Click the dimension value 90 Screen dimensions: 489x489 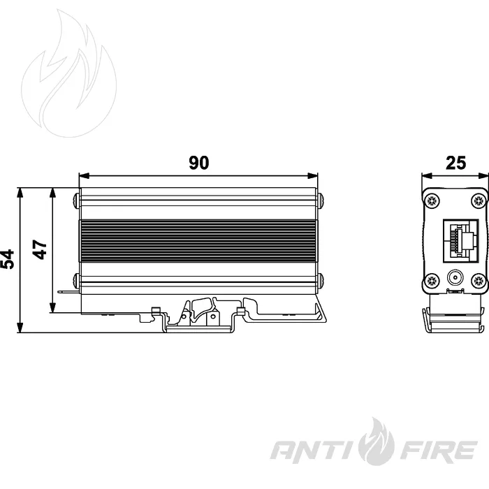[198, 163]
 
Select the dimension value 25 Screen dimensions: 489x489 [455, 163]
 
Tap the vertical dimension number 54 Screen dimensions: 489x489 [8, 259]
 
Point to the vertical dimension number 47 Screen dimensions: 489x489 [40, 249]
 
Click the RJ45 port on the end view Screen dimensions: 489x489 [460, 241]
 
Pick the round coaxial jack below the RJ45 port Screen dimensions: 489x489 [455, 277]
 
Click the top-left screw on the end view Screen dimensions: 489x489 [432, 200]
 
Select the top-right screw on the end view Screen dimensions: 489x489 [479, 200]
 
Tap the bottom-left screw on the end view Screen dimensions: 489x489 [432, 280]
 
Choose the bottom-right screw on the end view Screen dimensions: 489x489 [479, 280]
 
